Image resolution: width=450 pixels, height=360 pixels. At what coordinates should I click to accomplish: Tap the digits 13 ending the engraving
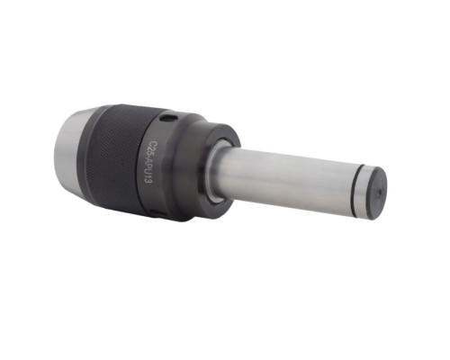(148, 180)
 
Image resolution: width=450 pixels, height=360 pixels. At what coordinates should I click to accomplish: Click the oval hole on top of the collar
(168, 118)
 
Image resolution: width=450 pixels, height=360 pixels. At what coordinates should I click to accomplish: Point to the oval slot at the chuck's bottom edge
(157, 212)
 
